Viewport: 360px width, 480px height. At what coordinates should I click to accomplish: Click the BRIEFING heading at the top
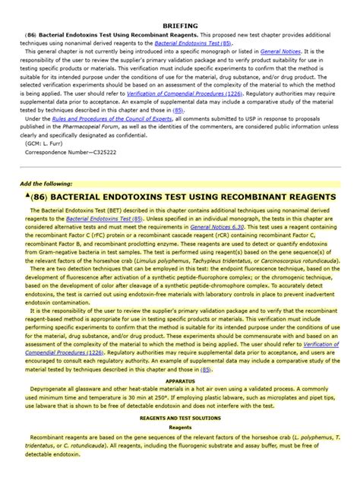point(179,5)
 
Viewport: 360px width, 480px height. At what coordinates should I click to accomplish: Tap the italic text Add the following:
point(46,184)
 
